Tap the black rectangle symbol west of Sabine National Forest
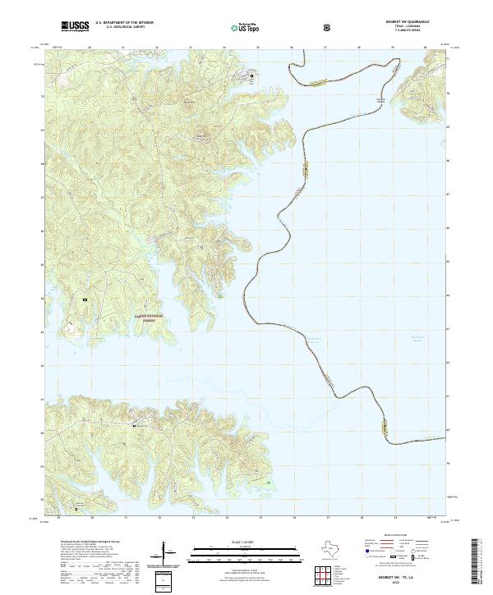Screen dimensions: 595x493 [85, 301]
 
